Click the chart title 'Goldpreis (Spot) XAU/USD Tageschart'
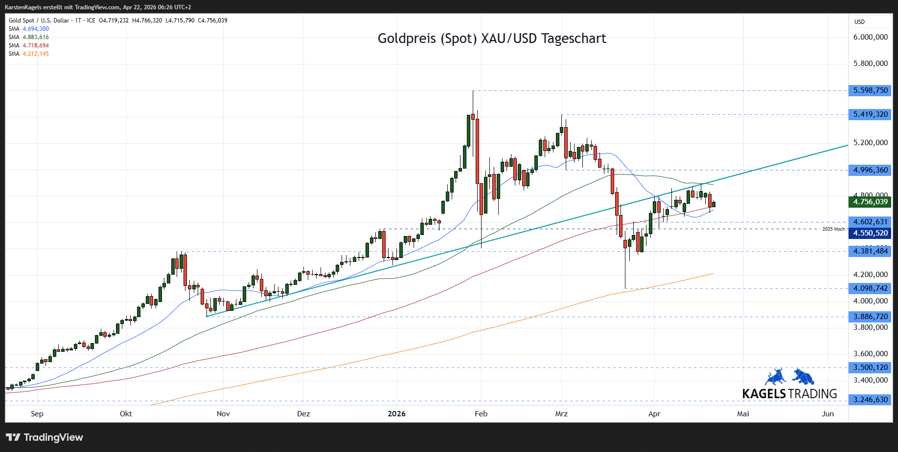[491, 39]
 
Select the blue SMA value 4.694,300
[36, 29]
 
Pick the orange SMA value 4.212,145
[36, 54]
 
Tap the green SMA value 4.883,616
[36, 37]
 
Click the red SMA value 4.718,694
[36, 45]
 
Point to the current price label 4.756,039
[870, 202]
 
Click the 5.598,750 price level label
[870, 90]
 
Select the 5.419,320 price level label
[870, 114]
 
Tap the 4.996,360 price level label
[870, 170]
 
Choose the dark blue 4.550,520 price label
[870, 233]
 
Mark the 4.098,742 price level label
[870, 288]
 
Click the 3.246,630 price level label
[870, 400]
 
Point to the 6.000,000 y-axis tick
[870, 37]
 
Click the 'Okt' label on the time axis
[126, 414]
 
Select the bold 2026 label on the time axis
[396, 414]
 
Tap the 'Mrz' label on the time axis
[561, 414]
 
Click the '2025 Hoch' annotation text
[833, 229]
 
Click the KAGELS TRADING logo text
[789, 394]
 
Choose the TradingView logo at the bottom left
[45, 437]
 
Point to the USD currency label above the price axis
[859, 22]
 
